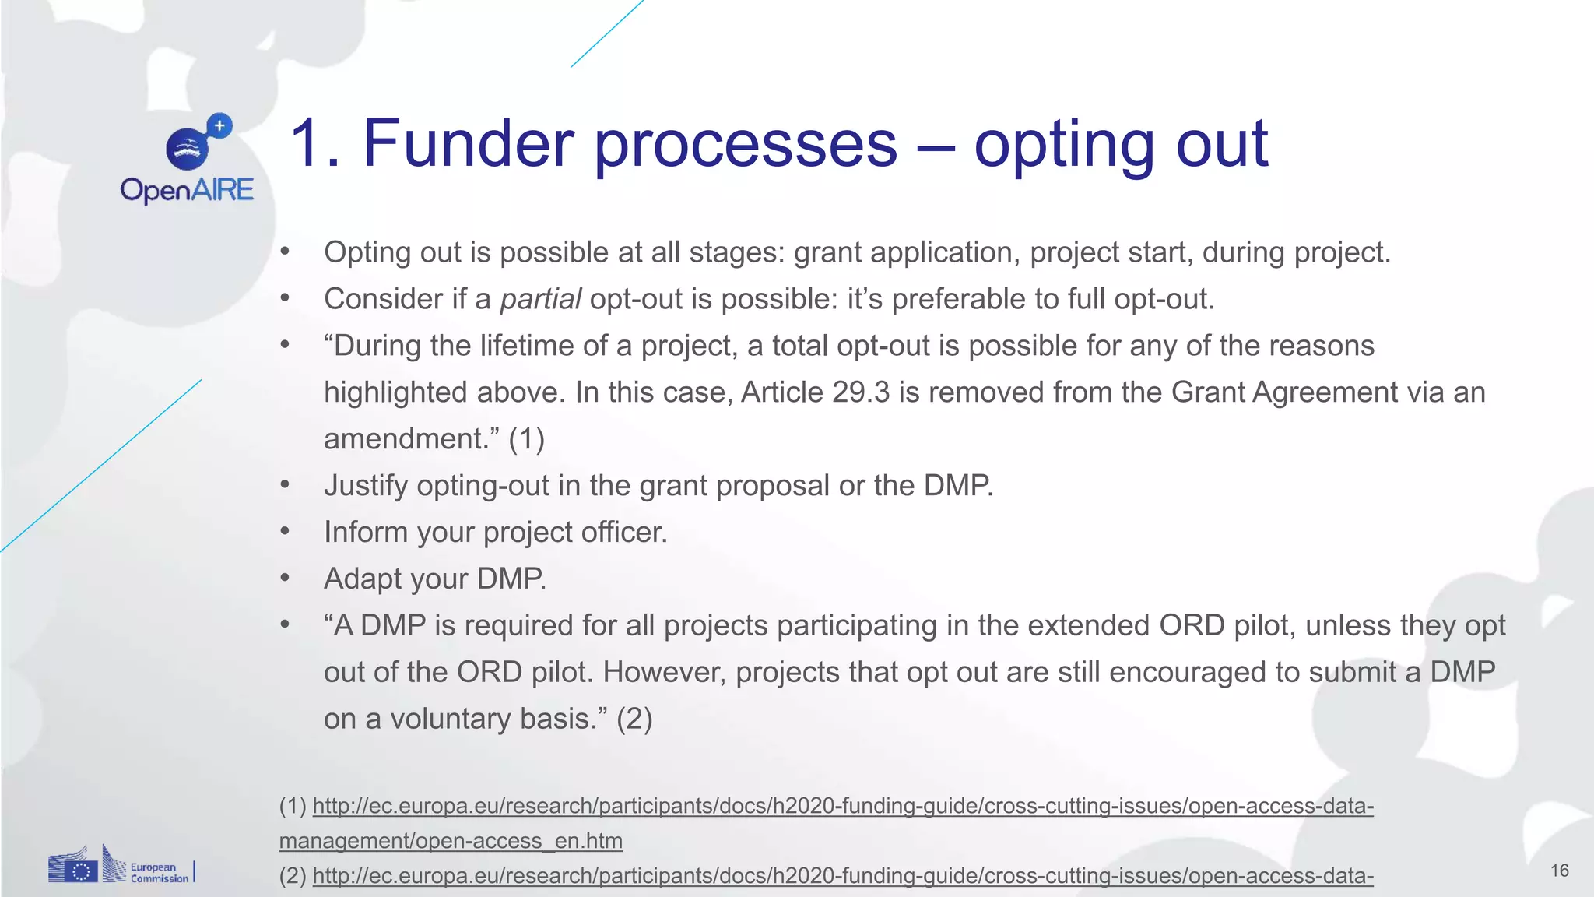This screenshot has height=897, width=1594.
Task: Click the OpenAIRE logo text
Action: [187, 190]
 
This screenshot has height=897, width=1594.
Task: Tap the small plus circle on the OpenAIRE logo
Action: [220, 125]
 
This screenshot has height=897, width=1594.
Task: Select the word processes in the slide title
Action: [746, 143]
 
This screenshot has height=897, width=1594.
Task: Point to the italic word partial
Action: [540, 299]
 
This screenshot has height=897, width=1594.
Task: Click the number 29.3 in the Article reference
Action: [860, 392]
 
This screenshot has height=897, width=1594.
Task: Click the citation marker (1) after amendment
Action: [526, 439]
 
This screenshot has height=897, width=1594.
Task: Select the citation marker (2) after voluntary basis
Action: [634, 719]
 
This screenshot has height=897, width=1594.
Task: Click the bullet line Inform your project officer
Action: [496, 533]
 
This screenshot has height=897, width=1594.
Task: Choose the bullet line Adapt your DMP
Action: [435, 579]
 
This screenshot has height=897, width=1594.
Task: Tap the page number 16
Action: [1559, 871]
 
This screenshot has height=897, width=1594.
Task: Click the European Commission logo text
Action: [158, 873]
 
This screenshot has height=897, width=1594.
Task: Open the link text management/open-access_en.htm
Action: [451, 841]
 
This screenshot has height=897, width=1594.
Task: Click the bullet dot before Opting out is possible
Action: [285, 252]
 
